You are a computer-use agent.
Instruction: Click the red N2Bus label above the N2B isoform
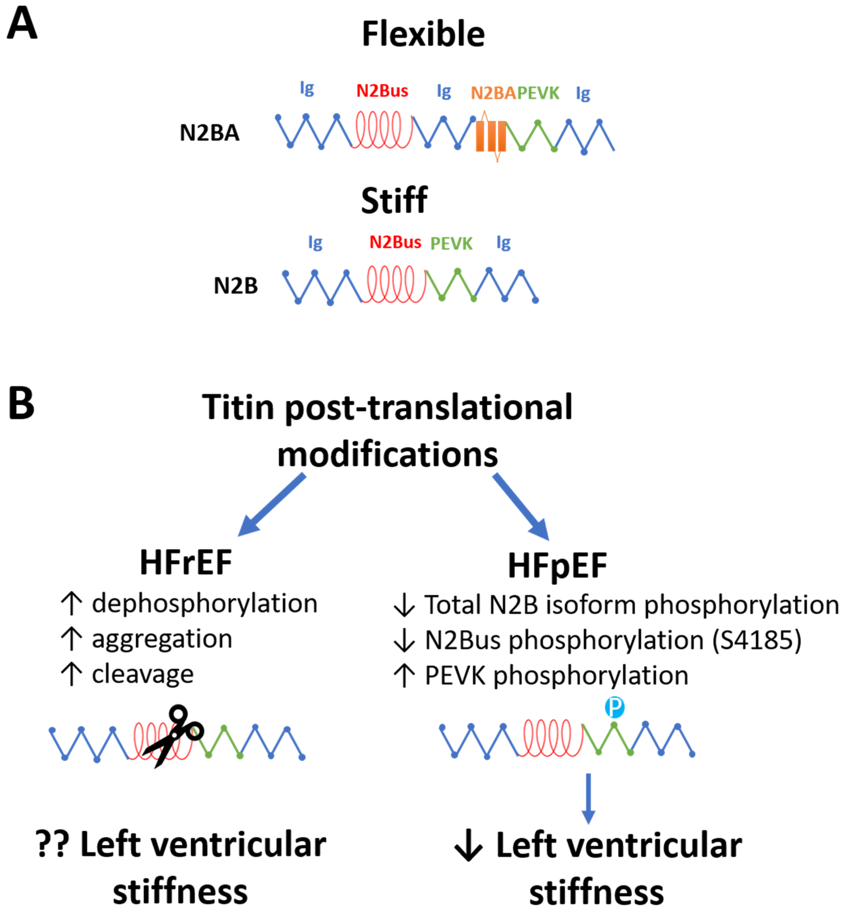[x=395, y=242]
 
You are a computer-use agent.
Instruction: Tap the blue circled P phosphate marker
[x=614, y=707]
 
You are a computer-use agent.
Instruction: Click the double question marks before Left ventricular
[x=53, y=845]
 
